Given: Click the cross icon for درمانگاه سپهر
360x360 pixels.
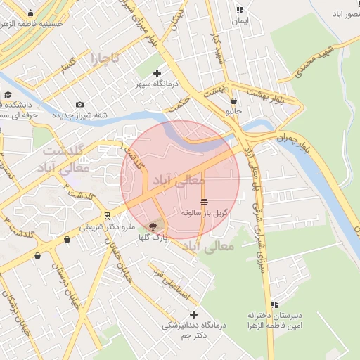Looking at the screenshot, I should [157, 73].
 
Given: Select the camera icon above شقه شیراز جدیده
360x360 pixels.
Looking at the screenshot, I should [78, 105].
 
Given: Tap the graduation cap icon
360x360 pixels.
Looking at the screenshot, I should [8, 95].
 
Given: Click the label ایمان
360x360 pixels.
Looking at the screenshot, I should [240, 21].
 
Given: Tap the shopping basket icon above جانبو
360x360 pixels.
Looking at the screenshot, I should [233, 101].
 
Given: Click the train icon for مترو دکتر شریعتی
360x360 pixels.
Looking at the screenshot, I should [106, 216].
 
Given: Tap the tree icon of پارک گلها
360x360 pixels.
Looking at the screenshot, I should [153, 226].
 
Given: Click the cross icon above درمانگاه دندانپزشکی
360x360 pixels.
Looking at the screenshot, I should [193, 314].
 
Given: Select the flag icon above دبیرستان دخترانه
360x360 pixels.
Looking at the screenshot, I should [274, 304].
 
